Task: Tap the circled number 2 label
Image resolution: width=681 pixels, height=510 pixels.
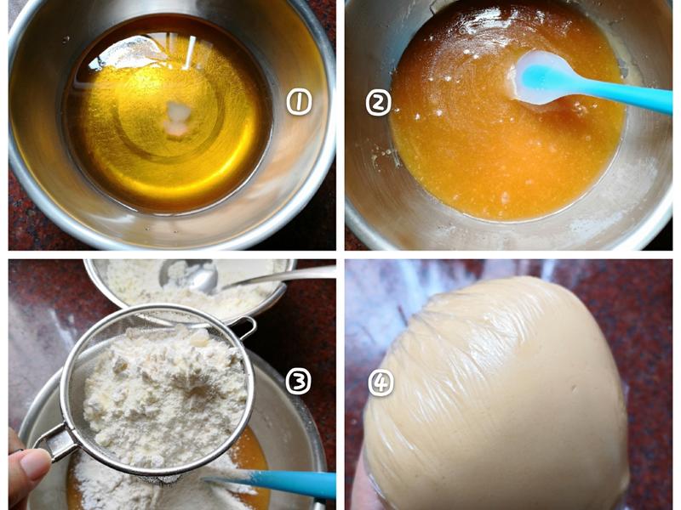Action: coord(378,103)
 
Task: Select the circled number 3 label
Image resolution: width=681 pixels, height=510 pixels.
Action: coord(299,381)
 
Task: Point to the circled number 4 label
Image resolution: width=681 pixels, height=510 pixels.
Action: coord(381,382)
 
